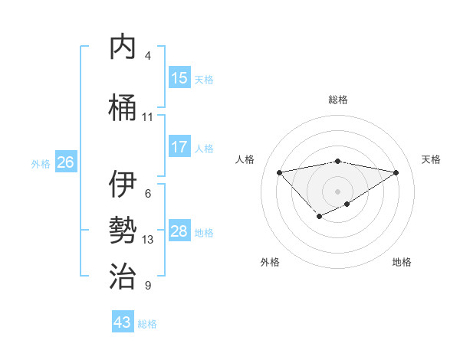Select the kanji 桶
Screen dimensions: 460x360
[x=123, y=107]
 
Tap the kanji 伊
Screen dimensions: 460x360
[x=123, y=185]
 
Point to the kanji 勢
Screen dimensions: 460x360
[x=123, y=231]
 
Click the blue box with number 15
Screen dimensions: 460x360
[x=179, y=78]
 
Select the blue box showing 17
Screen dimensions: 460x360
[x=179, y=147]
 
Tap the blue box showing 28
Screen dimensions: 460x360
[x=179, y=231]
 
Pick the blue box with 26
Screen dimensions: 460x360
[x=65, y=162]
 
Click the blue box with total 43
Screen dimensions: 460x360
[x=123, y=322]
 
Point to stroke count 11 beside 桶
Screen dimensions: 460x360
[x=148, y=117]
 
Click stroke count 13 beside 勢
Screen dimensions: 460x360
[x=148, y=240]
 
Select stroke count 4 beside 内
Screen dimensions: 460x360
[x=148, y=56]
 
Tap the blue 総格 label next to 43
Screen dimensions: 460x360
[x=147, y=324]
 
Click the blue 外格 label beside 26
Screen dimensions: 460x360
[x=41, y=163]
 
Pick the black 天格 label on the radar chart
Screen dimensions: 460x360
[x=431, y=159]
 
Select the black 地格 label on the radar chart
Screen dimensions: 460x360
[x=402, y=262]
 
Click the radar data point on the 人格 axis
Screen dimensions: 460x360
[x=279, y=172]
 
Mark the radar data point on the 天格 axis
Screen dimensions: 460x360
[x=396, y=172]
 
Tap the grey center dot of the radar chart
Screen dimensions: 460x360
[x=337, y=191]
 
